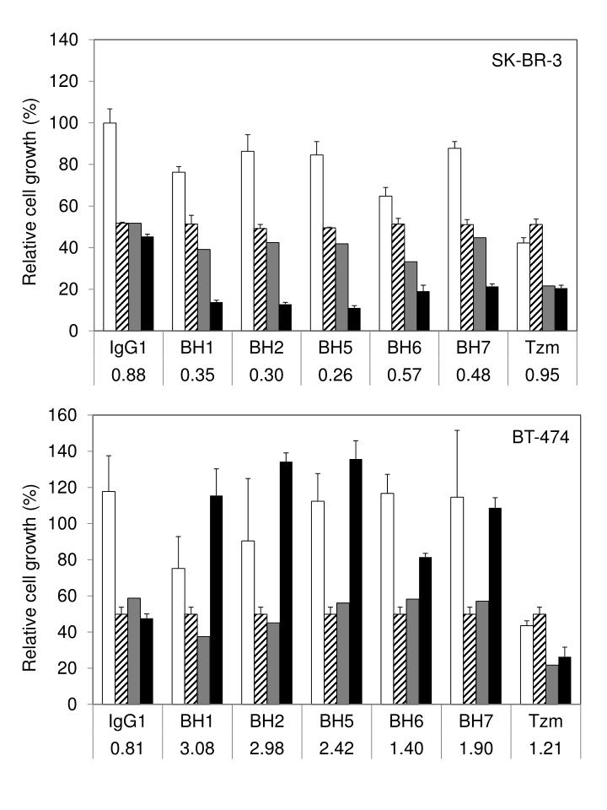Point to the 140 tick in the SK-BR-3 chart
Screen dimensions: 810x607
tap(67, 40)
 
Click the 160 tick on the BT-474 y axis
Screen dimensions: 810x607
tap(67, 415)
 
